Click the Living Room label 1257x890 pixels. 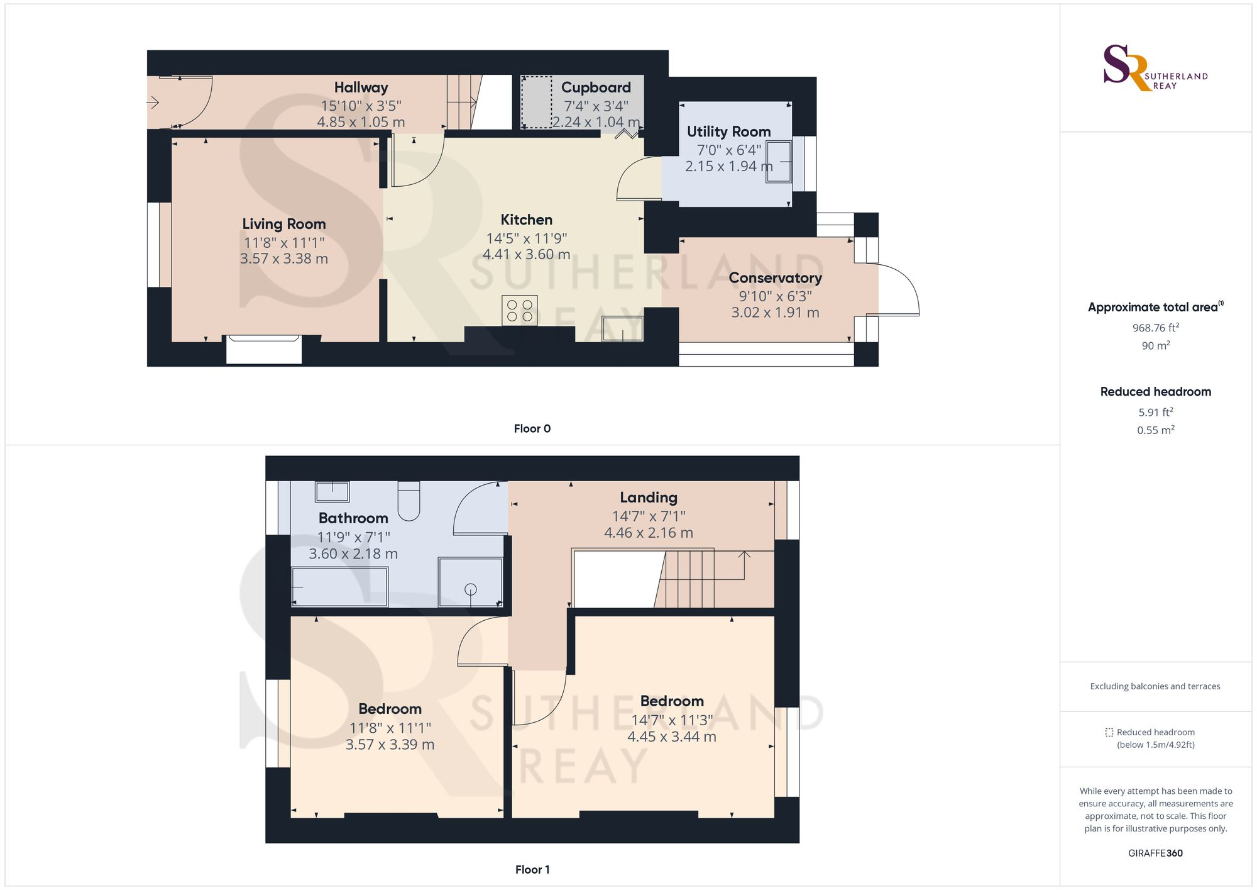(284, 224)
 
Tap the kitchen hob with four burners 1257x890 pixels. (520, 310)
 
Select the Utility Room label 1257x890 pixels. (728, 131)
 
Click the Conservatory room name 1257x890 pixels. (775, 277)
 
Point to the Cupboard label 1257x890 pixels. (596, 87)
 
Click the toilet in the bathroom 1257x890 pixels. (409, 501)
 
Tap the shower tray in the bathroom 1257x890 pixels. (471, 582)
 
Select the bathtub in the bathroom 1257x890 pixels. (339, 587)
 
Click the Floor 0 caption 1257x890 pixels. (532, 428)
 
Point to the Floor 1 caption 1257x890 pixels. (532, 869)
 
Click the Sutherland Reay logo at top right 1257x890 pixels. (1155, 68)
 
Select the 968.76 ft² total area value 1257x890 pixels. (1155, 327)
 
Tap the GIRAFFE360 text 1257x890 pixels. (1155, 853)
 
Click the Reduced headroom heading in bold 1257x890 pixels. (1155, 391)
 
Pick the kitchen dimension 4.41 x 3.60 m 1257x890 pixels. (527, 255)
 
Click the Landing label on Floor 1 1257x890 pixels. (649, 498)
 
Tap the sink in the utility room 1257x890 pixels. (779, 162)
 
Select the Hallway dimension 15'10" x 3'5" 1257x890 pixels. (361, 106)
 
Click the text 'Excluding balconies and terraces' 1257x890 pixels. (1155, 686)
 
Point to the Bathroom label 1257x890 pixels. (353, 518)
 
